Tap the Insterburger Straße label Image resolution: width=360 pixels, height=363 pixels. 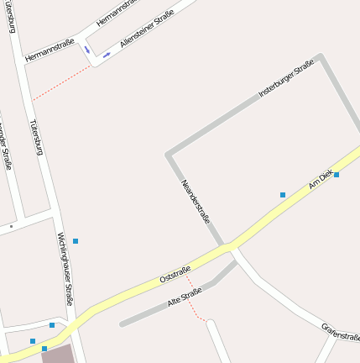click(x=285, y=78)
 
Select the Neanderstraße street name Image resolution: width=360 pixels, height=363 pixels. click(x=196, y=202)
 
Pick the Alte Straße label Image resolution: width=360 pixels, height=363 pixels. click(x=185, y=296)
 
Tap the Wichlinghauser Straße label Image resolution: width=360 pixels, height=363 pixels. click(x=65, y=269)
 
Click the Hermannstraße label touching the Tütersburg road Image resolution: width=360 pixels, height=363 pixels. click(x=50, y=50)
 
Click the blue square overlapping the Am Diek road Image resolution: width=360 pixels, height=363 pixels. click(x=337, y=175)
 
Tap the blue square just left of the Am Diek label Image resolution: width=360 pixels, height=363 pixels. click(x=283, y=195)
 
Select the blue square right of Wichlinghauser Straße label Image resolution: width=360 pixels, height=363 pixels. click(x=76, y=241)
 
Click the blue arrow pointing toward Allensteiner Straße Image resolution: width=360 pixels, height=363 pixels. click(x=107, y=55)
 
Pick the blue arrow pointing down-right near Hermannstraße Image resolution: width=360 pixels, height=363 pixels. click(x=86, y=50)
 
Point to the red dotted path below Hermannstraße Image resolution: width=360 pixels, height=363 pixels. click(x=61, y=83)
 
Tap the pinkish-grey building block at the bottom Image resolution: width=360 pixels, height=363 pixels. click(x=57, y=355)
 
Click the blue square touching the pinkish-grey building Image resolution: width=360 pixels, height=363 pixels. click(x=44, y=348)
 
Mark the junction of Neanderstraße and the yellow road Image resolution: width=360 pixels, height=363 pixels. click(x=228, y=245)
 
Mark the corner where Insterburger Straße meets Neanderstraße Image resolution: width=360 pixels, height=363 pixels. click(x=169, y=155)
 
